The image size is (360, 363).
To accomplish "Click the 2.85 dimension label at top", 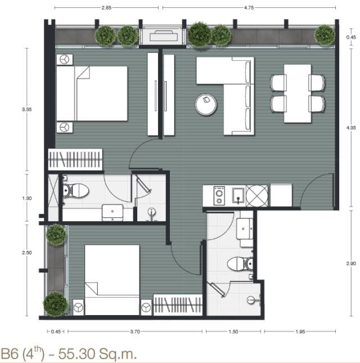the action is click(106, 8).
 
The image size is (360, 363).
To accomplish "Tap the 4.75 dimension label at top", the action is click(249, 8).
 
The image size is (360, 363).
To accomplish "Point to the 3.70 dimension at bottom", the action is click(135, 331).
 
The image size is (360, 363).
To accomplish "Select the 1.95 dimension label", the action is click(300, 331).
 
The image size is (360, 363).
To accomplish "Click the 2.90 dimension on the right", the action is click(351, 263).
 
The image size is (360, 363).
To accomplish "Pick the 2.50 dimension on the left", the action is click(27, 253).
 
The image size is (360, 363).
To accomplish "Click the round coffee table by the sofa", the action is click(206, 105).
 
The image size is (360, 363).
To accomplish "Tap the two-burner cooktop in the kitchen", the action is click(219, 196).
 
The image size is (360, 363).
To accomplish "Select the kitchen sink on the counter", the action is click(238, 196).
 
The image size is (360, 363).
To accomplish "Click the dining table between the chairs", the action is click(298, 93).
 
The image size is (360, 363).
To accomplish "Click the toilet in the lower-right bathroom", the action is click(240, 264).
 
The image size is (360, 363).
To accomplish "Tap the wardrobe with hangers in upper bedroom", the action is click(75, 159).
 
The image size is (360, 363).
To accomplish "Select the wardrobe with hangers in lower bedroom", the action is click(178, 304).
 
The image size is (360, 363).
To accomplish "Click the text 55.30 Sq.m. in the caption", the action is click(97, 353).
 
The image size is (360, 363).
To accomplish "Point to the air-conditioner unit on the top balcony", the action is click(164, 35).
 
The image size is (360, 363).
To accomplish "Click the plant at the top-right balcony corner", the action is click(325, 35).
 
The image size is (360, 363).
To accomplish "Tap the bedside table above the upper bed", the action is click(65, 60).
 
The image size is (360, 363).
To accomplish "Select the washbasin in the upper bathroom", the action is click(112, 213).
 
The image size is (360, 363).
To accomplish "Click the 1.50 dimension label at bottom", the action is click(233, 331).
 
